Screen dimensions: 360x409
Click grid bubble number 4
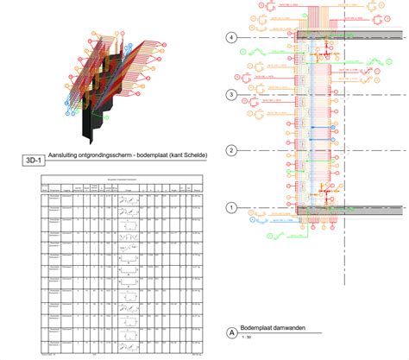coord(230,38)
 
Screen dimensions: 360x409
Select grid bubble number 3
coord(230,94)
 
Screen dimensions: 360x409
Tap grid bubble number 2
coord(230,151)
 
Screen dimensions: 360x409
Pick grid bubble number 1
coord(230,208)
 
